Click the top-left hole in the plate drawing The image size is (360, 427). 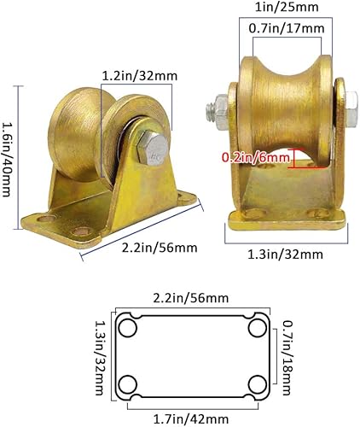[130, 329]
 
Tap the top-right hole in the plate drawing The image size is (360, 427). [256, 329]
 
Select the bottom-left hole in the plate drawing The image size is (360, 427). [130, 383]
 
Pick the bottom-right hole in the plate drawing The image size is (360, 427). [256, 383]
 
